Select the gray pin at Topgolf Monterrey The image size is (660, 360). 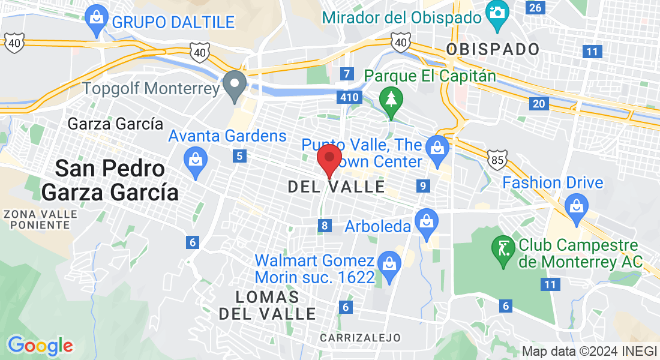[235, 85]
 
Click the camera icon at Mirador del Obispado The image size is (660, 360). [497, 12]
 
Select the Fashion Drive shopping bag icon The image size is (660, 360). [577, 207]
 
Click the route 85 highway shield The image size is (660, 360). [497, 158]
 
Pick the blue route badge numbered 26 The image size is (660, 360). [535, 7]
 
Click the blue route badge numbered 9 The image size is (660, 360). [424, 186]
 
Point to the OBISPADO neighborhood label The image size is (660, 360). [493, 49]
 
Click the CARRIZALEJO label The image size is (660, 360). [360, 338]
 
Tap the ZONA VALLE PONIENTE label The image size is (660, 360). [41, 219]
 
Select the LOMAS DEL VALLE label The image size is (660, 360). [267, 305]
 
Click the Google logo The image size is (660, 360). [40, 346]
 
